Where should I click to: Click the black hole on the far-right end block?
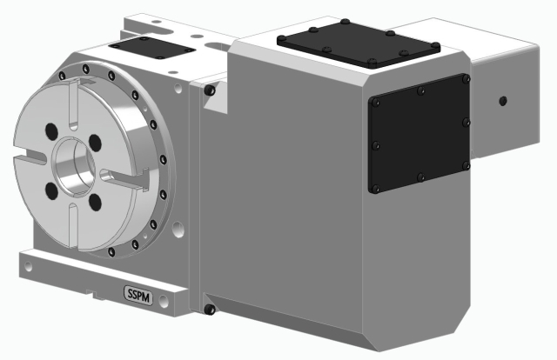coord(502,100)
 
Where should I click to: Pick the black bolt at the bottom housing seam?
coord(210,309)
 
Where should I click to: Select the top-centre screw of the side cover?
coord(421,89)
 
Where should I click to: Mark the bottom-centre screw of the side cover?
coord(421,178)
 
